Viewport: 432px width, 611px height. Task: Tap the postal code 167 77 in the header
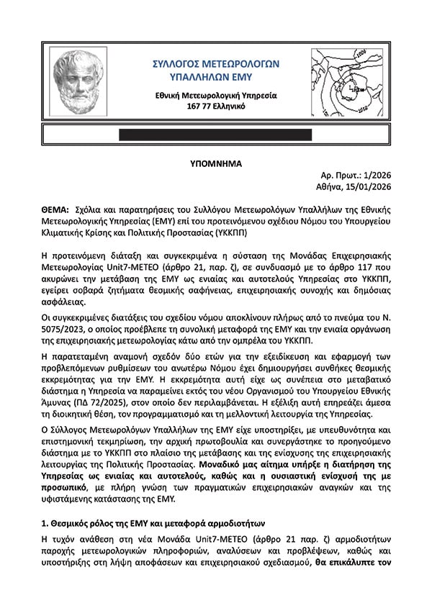point(199,106)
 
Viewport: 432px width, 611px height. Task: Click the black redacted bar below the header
point(217,135)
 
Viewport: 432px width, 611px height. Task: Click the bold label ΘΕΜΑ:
point(55,207)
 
